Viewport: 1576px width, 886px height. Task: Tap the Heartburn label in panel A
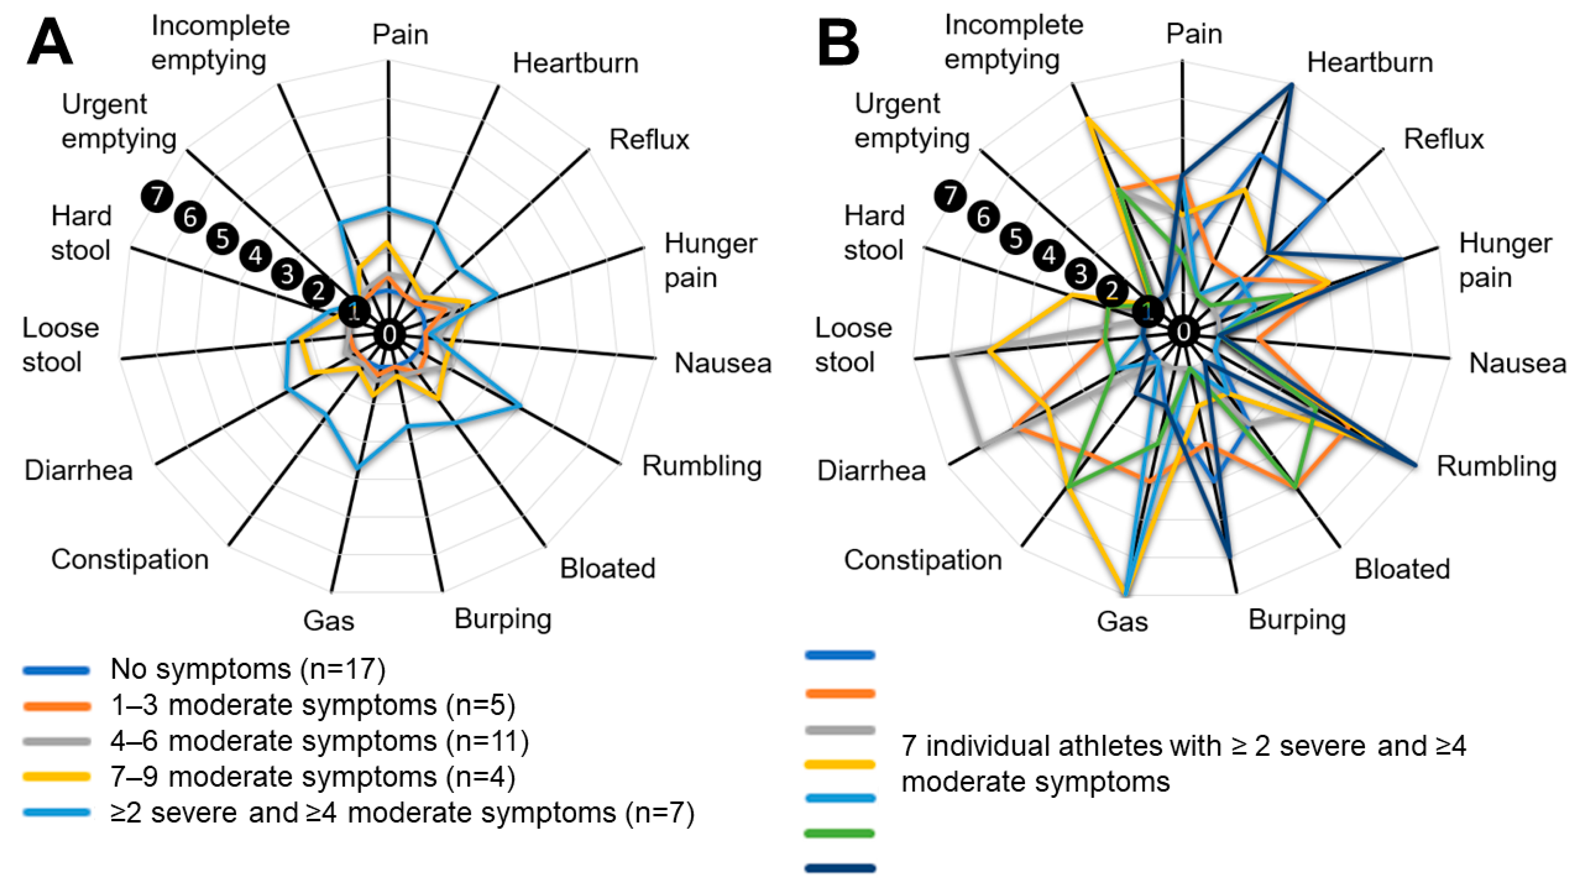tap(575, 63)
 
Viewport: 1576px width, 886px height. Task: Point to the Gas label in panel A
tap(329, 621)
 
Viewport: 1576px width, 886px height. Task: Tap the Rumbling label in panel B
tap(1497, 466)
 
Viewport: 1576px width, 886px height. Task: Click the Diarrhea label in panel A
tap(78, 471)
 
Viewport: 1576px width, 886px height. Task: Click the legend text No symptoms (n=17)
tap(248, 669)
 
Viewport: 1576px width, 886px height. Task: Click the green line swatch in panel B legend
tap(840, 833)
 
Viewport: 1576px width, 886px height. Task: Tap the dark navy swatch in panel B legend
tap(840, 868)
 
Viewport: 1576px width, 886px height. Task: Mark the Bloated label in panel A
tap(608, 569)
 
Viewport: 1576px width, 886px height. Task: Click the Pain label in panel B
tap(1194, 34)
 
